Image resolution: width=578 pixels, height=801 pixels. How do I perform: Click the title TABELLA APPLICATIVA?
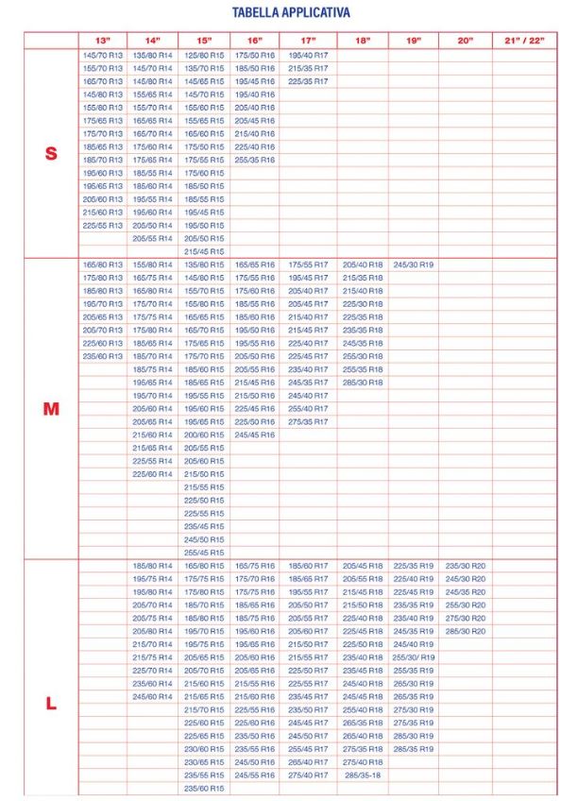pyautogui.click(x=291, y=13)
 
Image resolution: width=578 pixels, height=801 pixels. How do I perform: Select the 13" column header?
pyautogui.click(x=102, y=41)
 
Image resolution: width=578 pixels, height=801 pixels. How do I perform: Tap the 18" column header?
pyautogui.click(x=362, y=41)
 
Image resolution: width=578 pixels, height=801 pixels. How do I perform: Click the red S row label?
pyautogui.click(x=51, y=154)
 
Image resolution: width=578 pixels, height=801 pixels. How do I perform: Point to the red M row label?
pyautogui.click(x=51, y=409)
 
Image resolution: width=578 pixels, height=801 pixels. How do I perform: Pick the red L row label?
pyautogui.click(x=51, y=704)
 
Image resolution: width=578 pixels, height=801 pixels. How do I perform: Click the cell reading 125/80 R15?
pyautogui.click(x=204, y=56)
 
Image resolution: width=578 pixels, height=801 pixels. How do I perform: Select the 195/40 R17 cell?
pyautogui.click(x=308, y=56)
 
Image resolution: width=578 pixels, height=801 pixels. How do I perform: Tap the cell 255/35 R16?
pyautogui.click(x=255, y=161)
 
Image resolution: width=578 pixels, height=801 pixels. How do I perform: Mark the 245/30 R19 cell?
pyautogui.click(x=413, y=265)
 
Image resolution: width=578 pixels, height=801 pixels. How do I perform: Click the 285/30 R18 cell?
pyautogui.click(x=362, y=383)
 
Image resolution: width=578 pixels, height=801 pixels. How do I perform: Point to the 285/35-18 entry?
pyautogui.click(x=362, y=775)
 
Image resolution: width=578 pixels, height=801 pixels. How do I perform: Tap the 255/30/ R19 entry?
pyautogui.click(x=413, y=657)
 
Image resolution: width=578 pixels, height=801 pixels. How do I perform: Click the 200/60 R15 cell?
pyautogui.click(x=204, y=435)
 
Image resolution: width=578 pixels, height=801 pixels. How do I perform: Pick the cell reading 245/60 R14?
pyautogui.click(x=152, y=696)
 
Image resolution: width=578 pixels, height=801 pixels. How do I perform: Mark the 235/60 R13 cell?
pyautogui.click(x=102, y=356)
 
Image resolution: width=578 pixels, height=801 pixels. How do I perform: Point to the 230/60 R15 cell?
pyautogui.click(x=204, y=749)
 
